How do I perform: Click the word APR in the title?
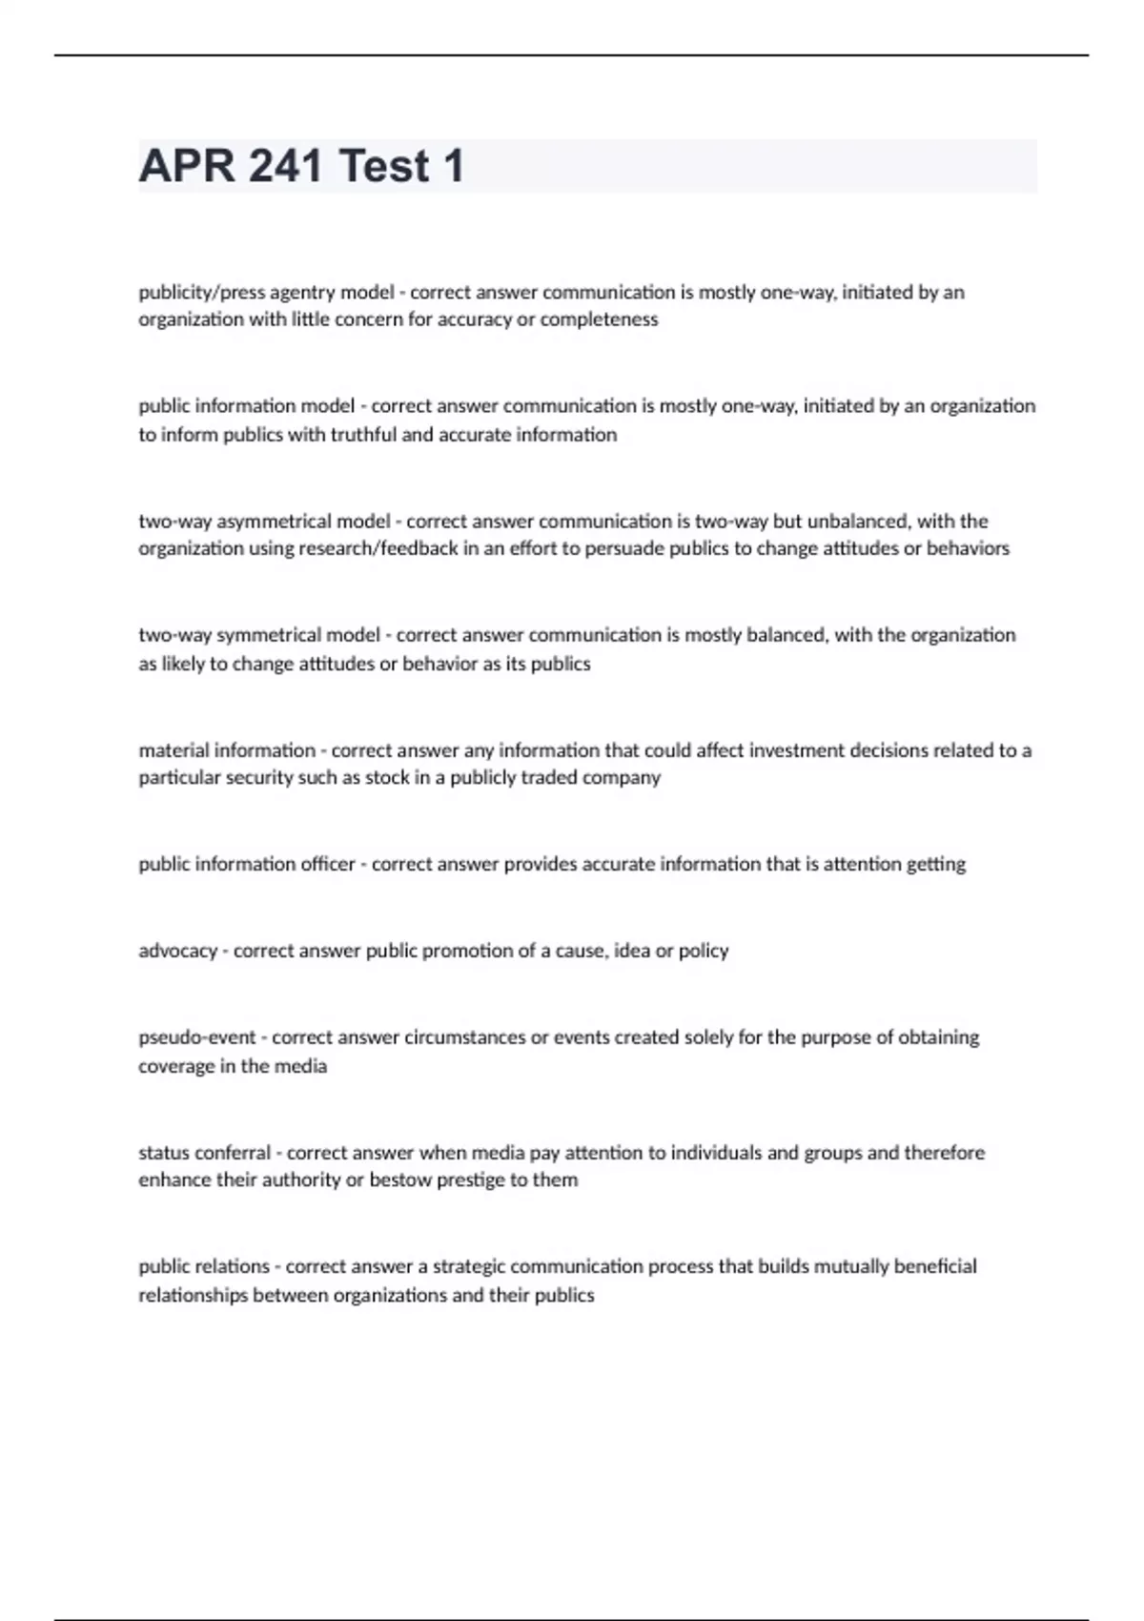coord(186,166)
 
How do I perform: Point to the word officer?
coord(326,864)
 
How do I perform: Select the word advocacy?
coord(178,951)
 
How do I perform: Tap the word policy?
coord(704,951)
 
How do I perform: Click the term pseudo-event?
coord(197,1037)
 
